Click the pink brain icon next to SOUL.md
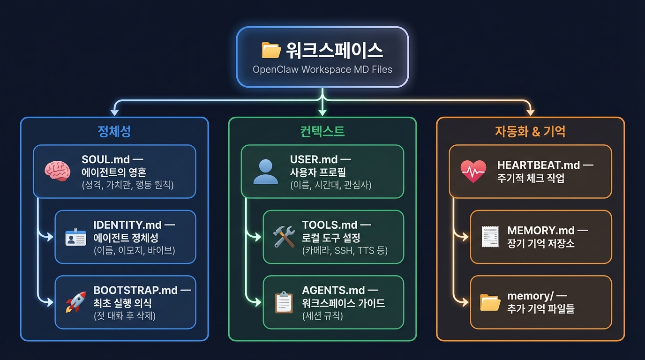pyautogui.click(x=57, y=171)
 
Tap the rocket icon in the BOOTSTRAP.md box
pyautogui.click(x=75, y=302)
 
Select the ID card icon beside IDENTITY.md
pyautogui.click(x=75, y=237)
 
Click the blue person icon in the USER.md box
pyautogui.click(x=265, y=172)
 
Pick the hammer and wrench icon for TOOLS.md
pyautogui.click(x=284, y=237)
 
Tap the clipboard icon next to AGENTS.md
pyautogui.click(x=284, y=302)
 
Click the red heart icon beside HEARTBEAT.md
pyautogui.click(x=473, y=172)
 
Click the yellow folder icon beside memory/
pyautogui.click(x=491, y=303)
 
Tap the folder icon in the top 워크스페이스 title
pyautogui.click(x=271, y=50)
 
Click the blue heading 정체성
pyautogui.click(x=114, y=131)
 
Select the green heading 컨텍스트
pyautogui.click(x=322, y=131)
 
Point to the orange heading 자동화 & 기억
pyautogui.click(x=530, y=131)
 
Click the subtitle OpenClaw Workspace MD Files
pyautogui.click(x=322, y=69)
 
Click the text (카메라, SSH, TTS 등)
pyautogui.click(x=345, y=250)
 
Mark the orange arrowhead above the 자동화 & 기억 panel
pyautogui.click(x=530, y=112)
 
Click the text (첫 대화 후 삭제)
pyautogui.click(x=124, y=315)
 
